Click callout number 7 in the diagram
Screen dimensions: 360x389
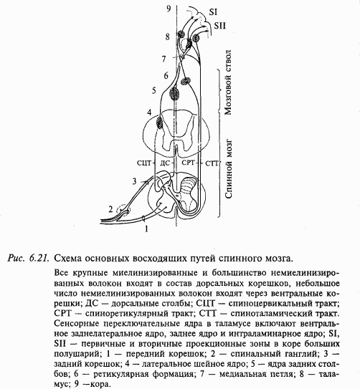coord(164,58)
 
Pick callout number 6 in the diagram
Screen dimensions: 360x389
coord(165,75)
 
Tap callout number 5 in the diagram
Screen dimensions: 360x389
coord(153,90)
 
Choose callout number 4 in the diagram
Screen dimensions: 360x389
coord(148,112)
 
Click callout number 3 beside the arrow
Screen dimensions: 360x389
coord(133,181)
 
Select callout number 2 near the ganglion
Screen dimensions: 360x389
coord(110,208)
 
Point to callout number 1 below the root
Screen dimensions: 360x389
coord(147,229)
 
